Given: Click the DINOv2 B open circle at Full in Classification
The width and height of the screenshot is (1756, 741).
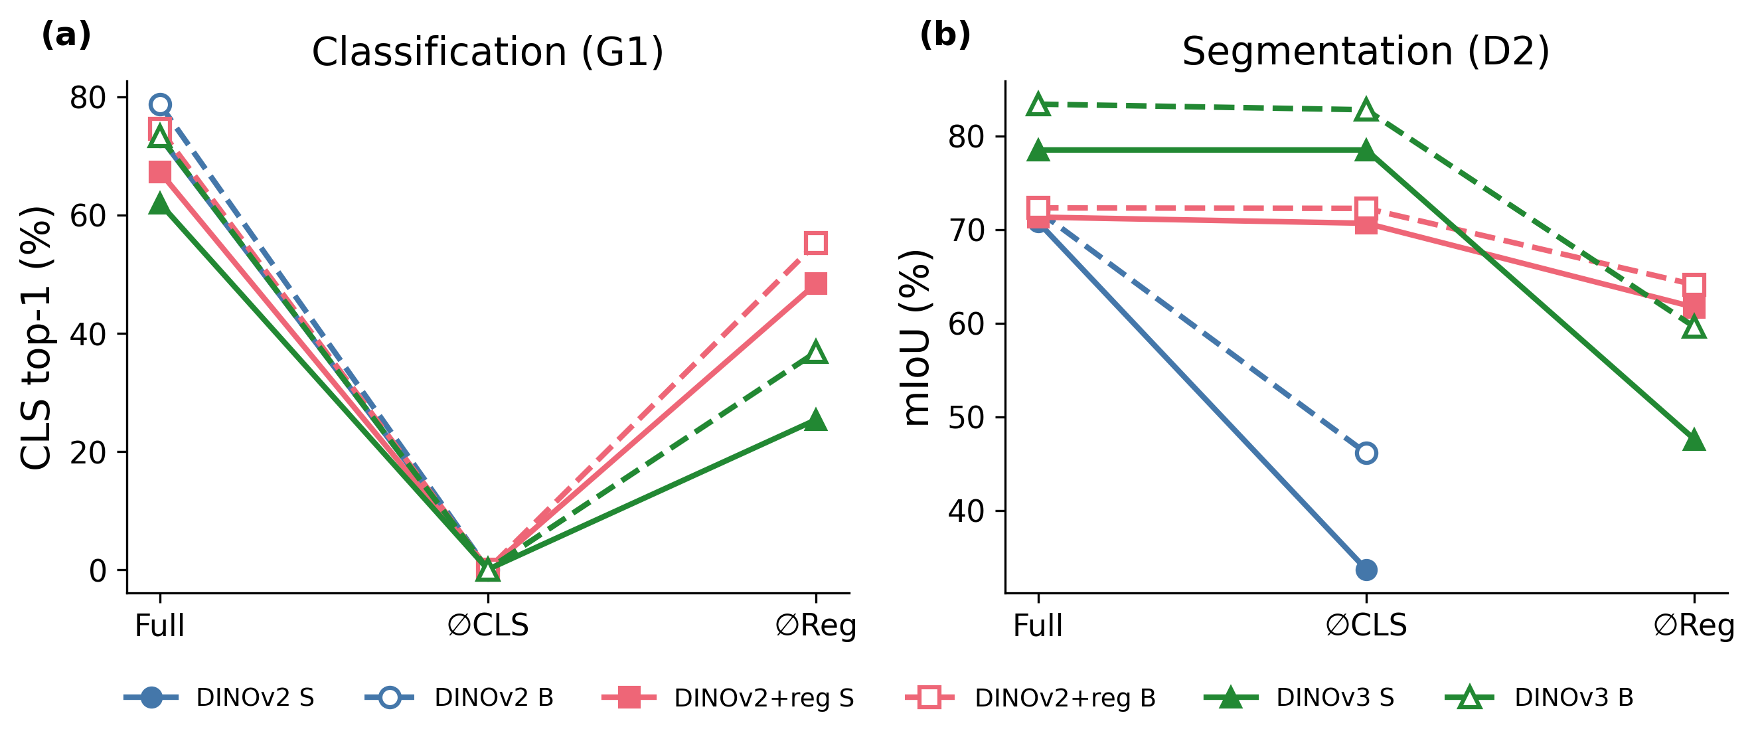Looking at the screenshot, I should (x=159, y=104).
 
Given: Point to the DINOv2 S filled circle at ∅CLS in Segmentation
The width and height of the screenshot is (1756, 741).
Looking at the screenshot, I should (x=1366, y=570).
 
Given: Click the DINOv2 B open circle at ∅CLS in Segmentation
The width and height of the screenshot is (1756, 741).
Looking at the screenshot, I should (x=1366, y=453).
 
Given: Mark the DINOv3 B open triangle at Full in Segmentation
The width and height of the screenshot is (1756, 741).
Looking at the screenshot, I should (x=1038, y=105).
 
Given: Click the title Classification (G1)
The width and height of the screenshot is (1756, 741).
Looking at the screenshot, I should (x=487, y=52).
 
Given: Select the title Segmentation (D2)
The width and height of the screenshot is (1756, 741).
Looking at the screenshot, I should (x=1366, y=52).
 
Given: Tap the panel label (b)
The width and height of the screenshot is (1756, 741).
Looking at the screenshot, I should (x=945, y=35).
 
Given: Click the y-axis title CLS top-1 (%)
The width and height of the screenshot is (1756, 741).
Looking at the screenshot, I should (x=35, y=337).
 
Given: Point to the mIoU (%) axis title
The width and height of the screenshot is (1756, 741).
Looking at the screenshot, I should (x=916, y=337).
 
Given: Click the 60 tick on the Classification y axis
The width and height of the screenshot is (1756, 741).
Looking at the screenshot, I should (x=88, y=216).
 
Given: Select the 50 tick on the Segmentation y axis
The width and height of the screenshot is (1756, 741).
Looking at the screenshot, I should (x=967, y=417).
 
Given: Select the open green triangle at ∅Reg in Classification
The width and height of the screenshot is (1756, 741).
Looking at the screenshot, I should (x=816, y=353).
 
